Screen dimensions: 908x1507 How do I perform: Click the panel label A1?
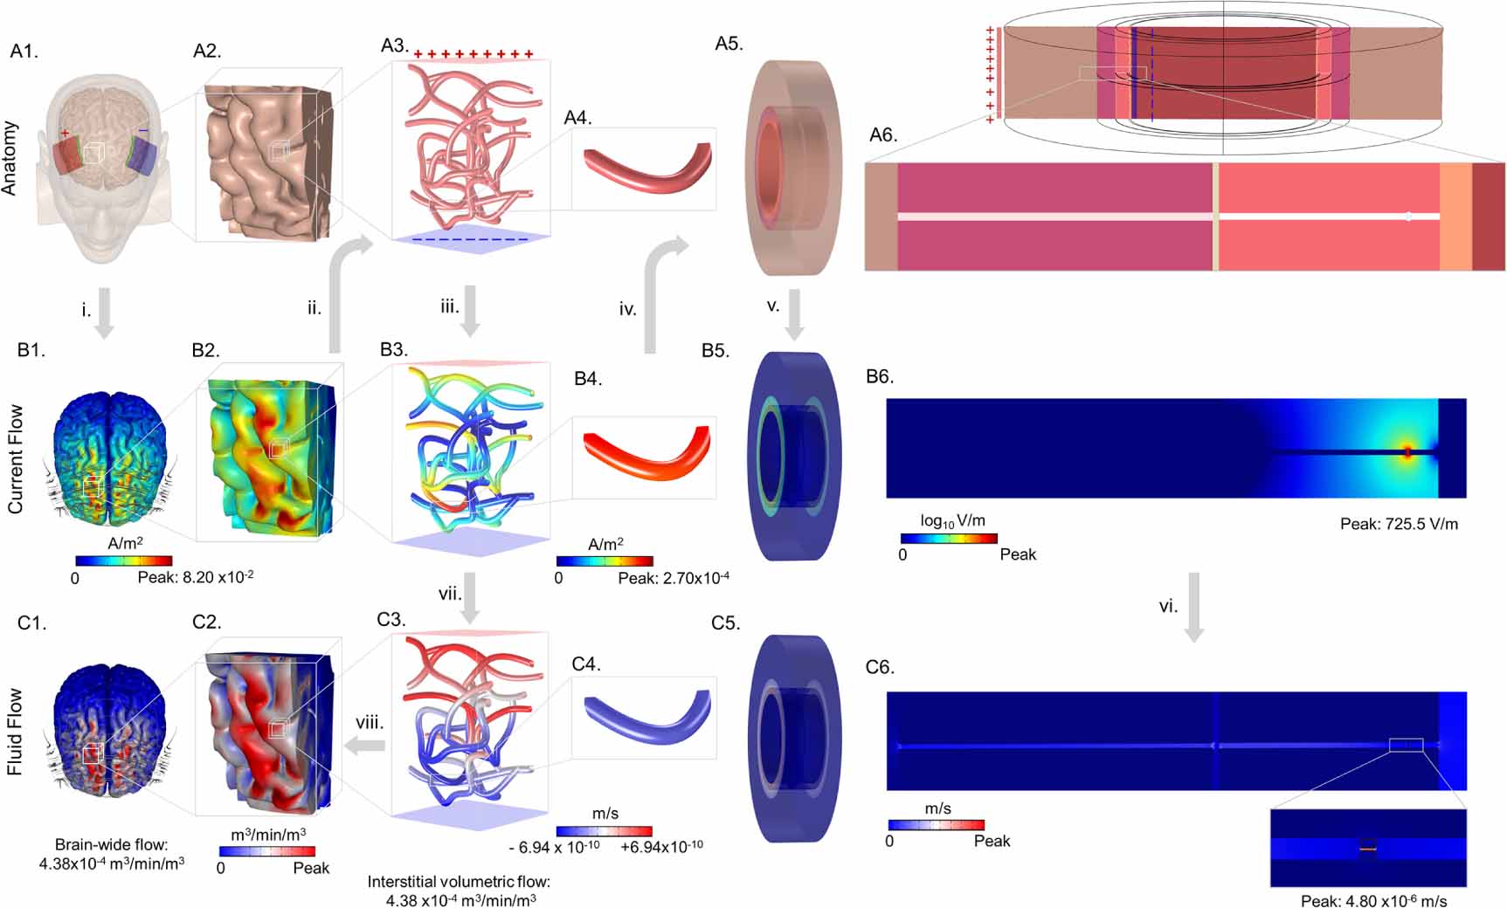coord(24,52)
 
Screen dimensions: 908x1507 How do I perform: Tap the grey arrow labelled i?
coord(104,313)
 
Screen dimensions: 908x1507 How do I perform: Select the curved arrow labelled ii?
coord(341,288)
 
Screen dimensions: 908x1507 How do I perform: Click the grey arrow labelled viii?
coord(368,744)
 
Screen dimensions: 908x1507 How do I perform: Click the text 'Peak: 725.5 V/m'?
coord(1399,524)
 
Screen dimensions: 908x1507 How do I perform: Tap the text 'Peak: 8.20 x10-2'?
coord(196,577)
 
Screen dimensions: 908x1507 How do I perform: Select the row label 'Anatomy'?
coord(10,158)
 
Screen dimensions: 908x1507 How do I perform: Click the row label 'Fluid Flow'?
coord(14,732)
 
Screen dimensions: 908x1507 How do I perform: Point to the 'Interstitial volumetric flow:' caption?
coord(460,882)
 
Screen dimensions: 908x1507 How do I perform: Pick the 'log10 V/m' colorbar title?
coord(952,521)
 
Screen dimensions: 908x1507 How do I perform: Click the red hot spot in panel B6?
coord(1407,451)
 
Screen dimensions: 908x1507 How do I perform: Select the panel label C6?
coord(880,667)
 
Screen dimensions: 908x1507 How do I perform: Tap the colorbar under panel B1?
coord(123,561)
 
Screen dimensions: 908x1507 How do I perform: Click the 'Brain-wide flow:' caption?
coord(112,844)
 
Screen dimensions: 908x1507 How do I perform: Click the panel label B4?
coord(588,379)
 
